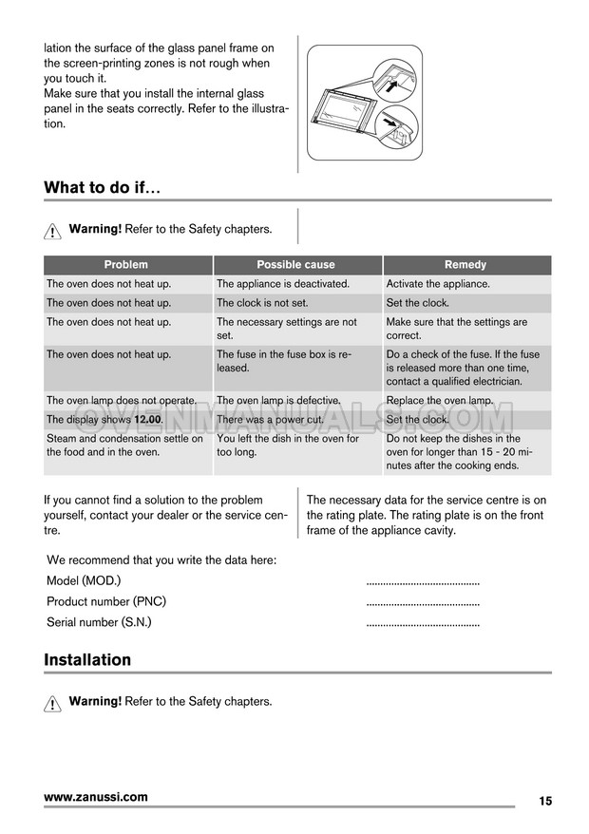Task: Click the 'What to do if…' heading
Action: click(x=103, y=187)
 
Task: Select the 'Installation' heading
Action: click(x=87, y=659)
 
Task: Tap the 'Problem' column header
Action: click(x=126, y=265)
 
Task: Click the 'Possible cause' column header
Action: click(x=295, y=265)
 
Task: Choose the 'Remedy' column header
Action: click(x=465, y=265)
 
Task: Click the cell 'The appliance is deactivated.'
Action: click(x=283, y=284)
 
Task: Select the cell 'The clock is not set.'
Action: click(x=262, y=303)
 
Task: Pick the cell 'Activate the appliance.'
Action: click(x=438, y=284)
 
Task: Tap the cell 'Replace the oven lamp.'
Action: click(x=440, y=401)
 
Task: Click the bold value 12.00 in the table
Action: click(x=147, y=420)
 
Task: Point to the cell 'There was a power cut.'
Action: click(x=270, y=420)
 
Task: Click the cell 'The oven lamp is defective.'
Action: click(x=278, y=401)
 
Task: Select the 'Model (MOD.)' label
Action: click(x=84, y=580)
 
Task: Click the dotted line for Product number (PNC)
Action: click(x=423, y=602)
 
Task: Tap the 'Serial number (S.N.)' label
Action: click(x=99, y=622)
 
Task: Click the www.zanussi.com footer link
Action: click(x=96, y=797)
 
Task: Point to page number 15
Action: click(x=544, y=801)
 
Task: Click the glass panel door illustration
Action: click(x=364, y=104)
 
